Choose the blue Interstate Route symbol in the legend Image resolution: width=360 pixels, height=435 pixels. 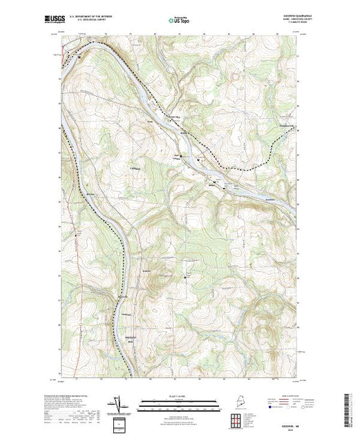coord(272,409)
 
